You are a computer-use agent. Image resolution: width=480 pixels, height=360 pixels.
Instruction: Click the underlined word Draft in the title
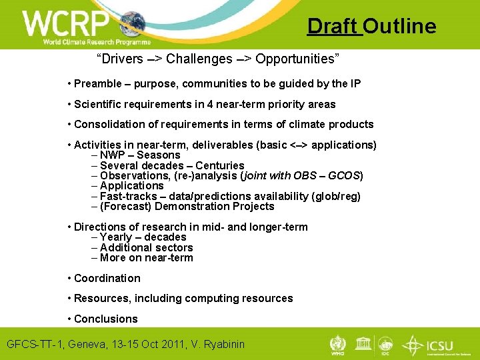pos(333,26)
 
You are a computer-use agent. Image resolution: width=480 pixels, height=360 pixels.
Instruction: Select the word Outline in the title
pos(399,26)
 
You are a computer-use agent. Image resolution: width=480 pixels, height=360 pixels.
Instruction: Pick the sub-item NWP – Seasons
pos(140,155)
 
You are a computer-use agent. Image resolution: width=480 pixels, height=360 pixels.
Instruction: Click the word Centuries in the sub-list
pos(219,165)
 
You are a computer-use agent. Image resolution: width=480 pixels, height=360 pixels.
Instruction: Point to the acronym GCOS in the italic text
pos(343,176)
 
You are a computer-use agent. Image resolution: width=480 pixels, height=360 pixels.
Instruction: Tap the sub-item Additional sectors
pos(146,247)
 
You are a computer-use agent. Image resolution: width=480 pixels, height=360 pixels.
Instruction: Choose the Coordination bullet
pos(107,278)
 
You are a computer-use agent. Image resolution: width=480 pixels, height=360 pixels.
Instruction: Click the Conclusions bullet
pos(105,319)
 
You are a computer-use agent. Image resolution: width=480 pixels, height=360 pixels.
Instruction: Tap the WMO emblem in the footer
pos(338,344)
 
